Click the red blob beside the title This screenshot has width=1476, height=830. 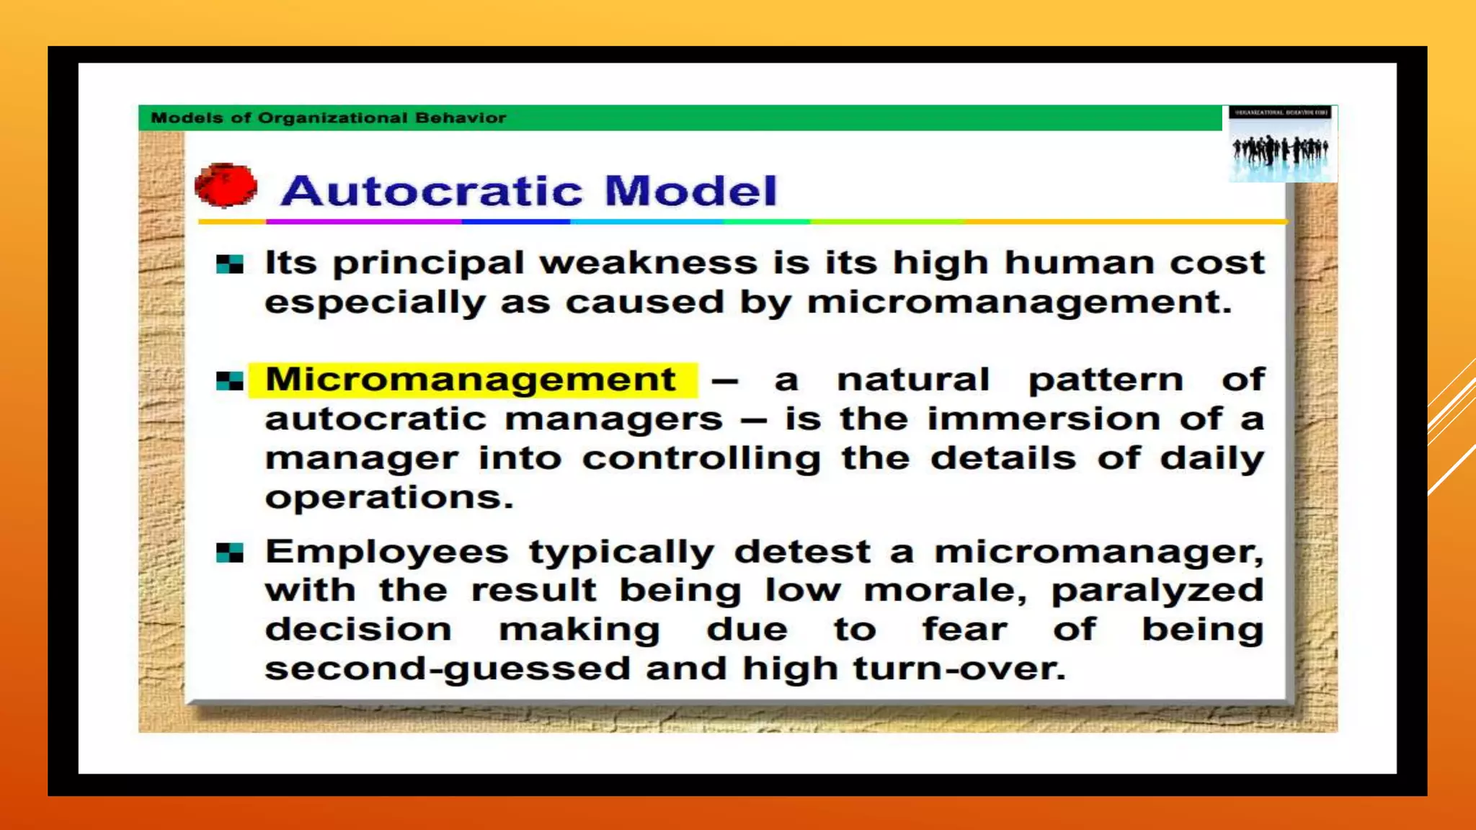[x=226, y=186]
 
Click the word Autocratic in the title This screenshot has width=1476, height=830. [x=432, y=191]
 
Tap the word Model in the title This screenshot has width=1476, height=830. [x=690, y=191]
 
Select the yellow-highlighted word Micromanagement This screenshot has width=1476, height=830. [x=471, y=380]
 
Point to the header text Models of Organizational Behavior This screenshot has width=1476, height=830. [x=328, y=117]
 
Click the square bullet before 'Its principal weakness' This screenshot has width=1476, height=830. [x=229, y=264]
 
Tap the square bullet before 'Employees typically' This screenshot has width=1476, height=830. [x=229, y=553]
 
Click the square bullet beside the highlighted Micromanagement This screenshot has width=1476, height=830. [x=229, y=381]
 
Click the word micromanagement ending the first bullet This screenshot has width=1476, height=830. [x=1018, y=303]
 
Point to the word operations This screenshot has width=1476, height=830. [x=388, y=497]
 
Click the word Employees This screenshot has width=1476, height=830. [x=386, y=553]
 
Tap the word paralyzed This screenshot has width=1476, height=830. [x=1157, y=592]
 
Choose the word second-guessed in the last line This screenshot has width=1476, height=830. [x=447, y=669]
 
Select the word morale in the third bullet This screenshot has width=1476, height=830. [x=944, y=592]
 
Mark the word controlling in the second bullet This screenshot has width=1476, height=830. [x=701, y=458]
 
